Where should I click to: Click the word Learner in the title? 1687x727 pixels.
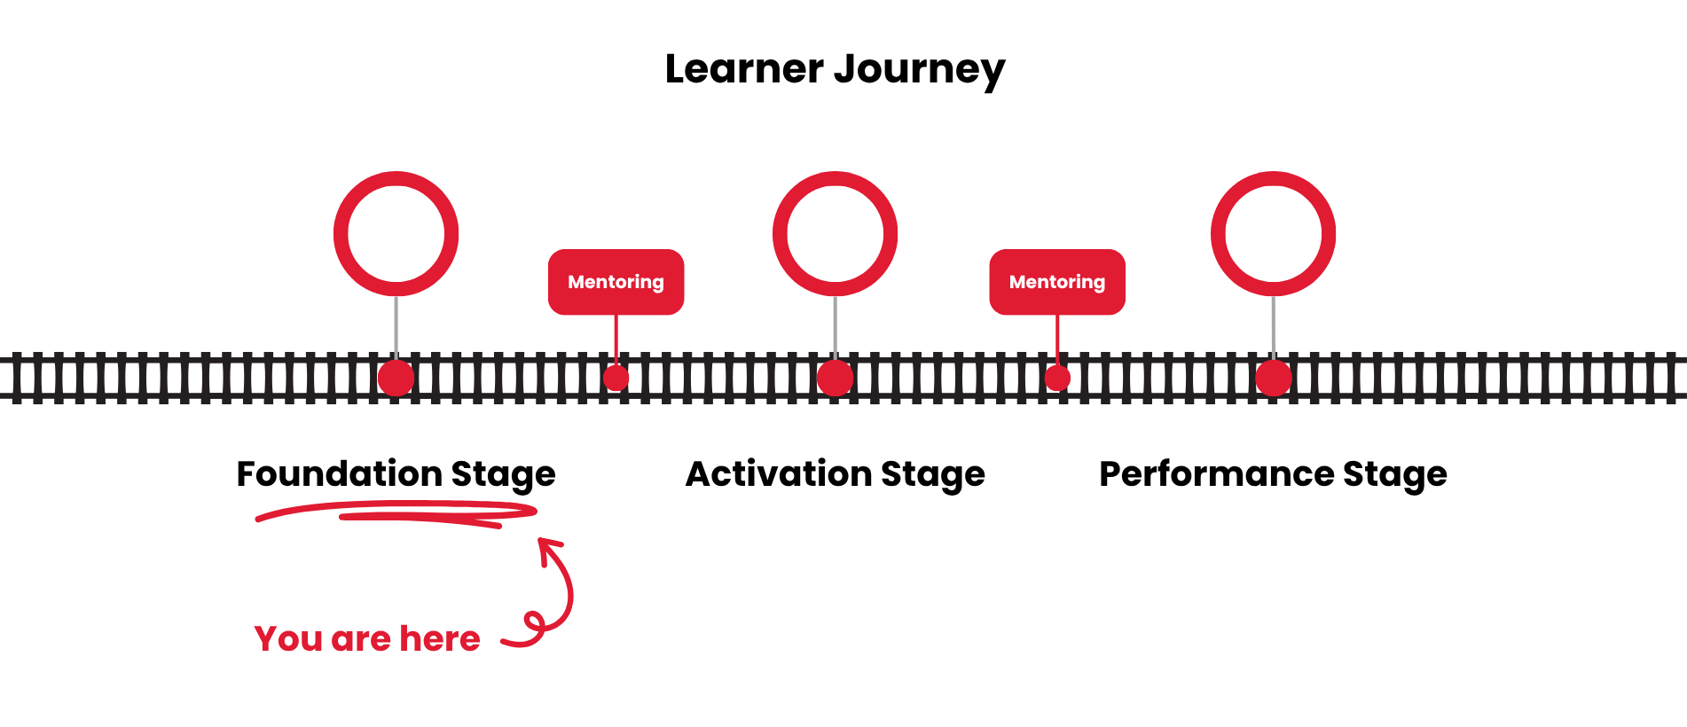pyautogui.click(x=743, y=69)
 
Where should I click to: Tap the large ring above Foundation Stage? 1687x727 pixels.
pyautogui.click(x=396, y=182)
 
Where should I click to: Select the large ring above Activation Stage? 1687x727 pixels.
pyautogui.click(x=835, y=182)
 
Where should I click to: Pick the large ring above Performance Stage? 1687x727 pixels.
pyautogui.click(x=1273, y=182)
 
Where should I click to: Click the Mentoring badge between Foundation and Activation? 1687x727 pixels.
pyautogui.click(x=616, y=282)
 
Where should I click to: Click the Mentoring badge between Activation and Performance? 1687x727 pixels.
pyautogui.click(x=1057, y=282)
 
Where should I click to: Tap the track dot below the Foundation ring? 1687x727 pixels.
pyautogui.click(x=396, y=378)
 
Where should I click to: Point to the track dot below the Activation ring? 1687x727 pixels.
pyautogui.click(x=835, y=378)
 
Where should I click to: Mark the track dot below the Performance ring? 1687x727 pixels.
pyautogui.click(x=1273, y=378)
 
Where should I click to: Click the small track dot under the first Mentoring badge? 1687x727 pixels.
pyautogui.click(x=616, y=378)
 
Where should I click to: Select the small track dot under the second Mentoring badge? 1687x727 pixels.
pyautogui.click(x=1057, y=378)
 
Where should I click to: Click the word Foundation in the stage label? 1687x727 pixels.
pyautogui.click(x=339, y=473)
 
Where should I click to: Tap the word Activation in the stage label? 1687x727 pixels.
pyautogui.click(x=778, y=473)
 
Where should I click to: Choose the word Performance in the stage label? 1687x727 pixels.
pyautogui.click(x=1215, y=473)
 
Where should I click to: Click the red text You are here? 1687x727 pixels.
pyautogui.click(x=367, y=638)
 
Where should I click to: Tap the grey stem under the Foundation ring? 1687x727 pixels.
pyautogui.click(x=396, y=326)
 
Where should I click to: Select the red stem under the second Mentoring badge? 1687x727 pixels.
pyautogui.click(x=1057, y=339)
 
